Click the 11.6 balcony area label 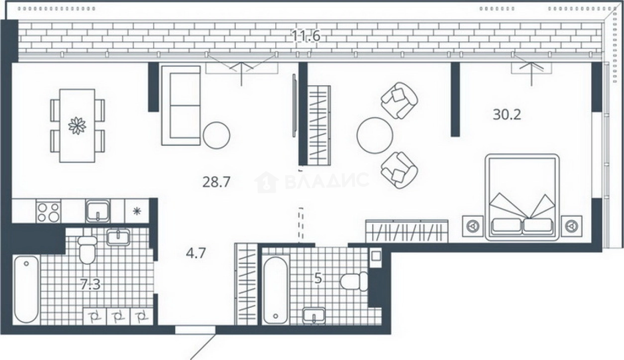point(306,36)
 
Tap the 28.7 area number point(216,182)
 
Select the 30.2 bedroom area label point(507,115)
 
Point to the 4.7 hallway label point(196,253)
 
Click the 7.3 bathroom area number point(90,284)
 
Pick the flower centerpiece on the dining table point(77,126)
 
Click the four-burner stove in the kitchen point(48,212)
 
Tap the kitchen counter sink point(98,211)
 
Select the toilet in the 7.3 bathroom point(88,249)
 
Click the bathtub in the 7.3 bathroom point(26,289)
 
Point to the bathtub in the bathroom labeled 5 point(276,290)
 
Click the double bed point(522,197)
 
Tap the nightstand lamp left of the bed point(473,226)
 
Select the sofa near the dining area point(181,106)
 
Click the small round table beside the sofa point(216,135)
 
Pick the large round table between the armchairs point(375,135)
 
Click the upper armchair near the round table point(399,101)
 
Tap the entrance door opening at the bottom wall point(195,330)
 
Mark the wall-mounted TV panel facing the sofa point(294,106)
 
